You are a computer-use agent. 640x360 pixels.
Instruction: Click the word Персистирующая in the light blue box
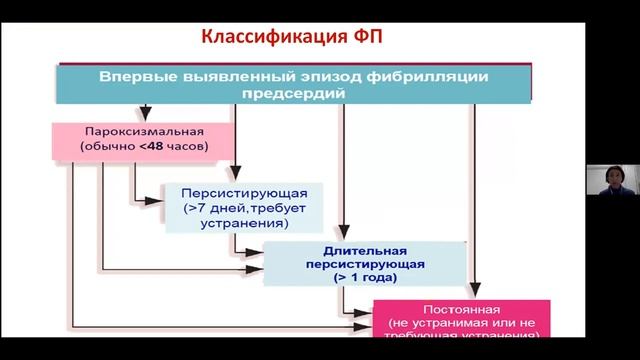pos(237,193)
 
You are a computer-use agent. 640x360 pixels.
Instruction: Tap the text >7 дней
pos(207,208)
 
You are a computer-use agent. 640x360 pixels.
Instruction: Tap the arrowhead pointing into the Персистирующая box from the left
pos(164,200)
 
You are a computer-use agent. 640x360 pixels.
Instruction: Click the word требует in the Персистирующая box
pos(270,208)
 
